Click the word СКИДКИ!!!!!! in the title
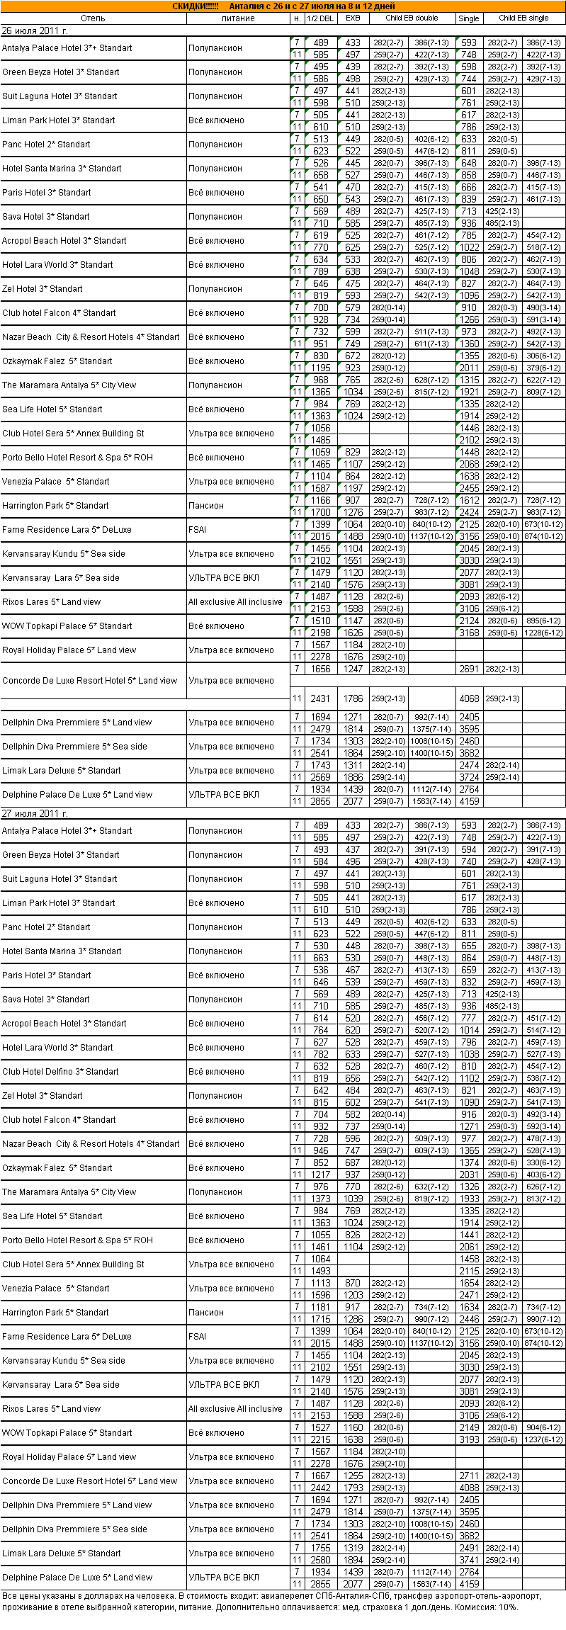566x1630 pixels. [x=196, y=6]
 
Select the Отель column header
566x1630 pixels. [x=93, y=18]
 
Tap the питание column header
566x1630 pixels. [x=238, y=18]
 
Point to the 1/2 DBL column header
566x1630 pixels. [x=320, y=18]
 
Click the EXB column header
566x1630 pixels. [x=353, y=18]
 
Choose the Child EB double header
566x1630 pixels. [x=412, y=18]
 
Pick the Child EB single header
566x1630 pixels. [x=523, y=18]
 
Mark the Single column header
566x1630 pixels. [x=468, y=18]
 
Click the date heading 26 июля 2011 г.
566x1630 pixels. [x=35, y=31]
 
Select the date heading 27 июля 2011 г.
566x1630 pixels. [x=35, y=814]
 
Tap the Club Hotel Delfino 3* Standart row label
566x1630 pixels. [x=60, y=1072]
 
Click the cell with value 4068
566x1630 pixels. [x=469, y=698]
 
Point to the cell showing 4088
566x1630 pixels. [x=469, y=1488]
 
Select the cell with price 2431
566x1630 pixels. [x=320, y=698]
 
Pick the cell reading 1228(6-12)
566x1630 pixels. [x=543, y=633]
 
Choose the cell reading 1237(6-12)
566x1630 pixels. [x=543, y=1439]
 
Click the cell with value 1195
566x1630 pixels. [x=320, y=368]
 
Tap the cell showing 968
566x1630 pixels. [x=320, y=380]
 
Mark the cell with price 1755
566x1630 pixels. [x=320, y=1548]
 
